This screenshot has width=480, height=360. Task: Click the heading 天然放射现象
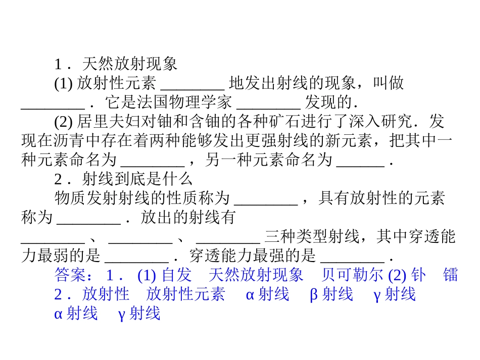coord(129,64)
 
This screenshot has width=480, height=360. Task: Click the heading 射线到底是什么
coord(137,179)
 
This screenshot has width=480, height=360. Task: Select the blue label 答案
coord(70,275)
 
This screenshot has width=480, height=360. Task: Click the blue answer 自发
coord(177,275)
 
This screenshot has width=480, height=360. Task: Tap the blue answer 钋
coord(418,275)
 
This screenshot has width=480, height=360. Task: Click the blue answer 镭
coord(450,275)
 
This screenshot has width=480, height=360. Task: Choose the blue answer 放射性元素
coord(185,294)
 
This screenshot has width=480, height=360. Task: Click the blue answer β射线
coord(331,294)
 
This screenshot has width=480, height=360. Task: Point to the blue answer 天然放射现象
coord(256,275)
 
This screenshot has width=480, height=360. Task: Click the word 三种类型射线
coord(312,236)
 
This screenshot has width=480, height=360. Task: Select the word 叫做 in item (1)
coord(389,83)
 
